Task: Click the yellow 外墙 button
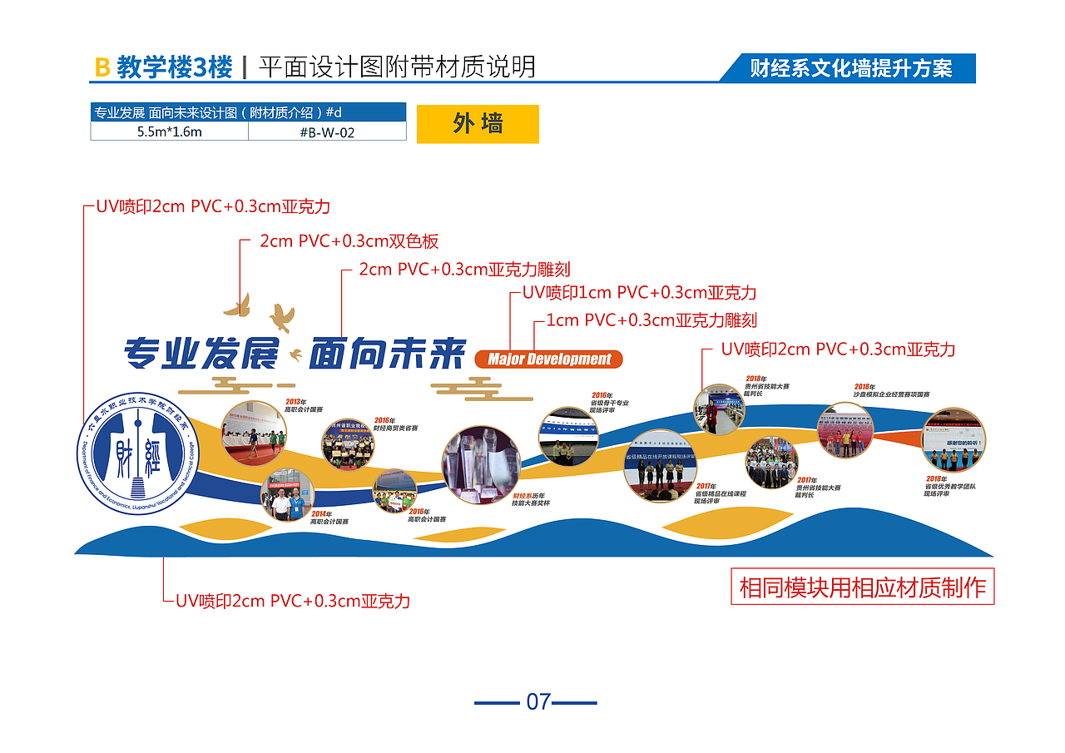[478, 124]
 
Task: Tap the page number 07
[538, 701]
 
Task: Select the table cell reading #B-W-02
[327, 131]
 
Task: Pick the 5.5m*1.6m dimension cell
[170, 131]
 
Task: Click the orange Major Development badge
[548, 359]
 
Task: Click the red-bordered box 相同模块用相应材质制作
[862, 587]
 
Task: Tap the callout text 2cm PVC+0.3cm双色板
[349, 242]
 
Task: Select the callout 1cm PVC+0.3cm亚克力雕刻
[651, 320]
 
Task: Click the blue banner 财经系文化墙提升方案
[850, 68]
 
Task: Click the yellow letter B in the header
[102, 67]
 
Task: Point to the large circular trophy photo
[481, 465]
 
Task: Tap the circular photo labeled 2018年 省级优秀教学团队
[954, 439]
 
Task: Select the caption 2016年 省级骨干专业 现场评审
[609, 403]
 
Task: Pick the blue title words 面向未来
[387, 355]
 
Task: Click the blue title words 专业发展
[201, 355]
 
